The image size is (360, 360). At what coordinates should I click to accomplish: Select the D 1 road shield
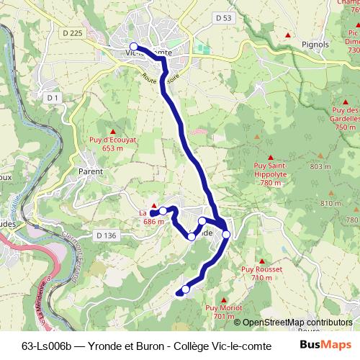point(52,97)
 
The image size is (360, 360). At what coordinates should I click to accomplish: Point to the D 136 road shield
point(106,235)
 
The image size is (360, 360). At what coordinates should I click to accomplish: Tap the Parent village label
point(91,172)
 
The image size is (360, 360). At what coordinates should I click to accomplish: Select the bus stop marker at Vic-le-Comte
point(133,46)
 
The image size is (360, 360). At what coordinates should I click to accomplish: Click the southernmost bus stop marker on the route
point(186,289)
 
